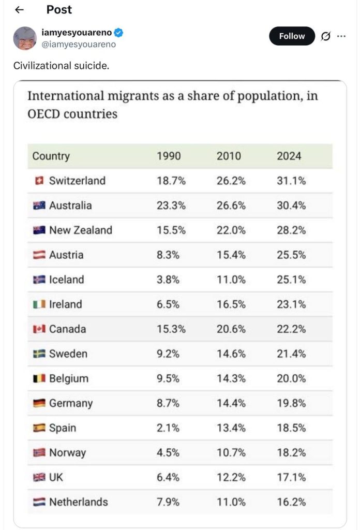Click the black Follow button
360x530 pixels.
292,36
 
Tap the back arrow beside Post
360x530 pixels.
19,10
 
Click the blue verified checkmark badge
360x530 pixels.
118,33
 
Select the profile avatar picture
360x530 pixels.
24,38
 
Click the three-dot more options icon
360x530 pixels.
341,36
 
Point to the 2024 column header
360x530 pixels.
289,156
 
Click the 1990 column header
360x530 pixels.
169,156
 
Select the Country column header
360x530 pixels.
51,156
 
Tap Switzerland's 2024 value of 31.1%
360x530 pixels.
291,181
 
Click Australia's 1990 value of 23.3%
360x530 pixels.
171,205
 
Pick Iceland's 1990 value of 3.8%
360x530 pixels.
168,279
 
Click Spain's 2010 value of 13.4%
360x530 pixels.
231,428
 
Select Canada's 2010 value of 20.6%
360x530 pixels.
231,329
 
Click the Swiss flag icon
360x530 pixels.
38,181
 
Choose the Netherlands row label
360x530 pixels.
78,502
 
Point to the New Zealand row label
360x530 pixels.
80,230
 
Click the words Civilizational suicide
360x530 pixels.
61,66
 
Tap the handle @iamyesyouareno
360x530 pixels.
78,45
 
